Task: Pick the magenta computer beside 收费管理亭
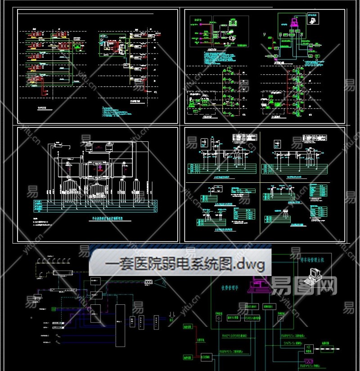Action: point(260,284)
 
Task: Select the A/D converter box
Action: point(309,347)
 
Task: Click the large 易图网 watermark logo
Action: point(304,285)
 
